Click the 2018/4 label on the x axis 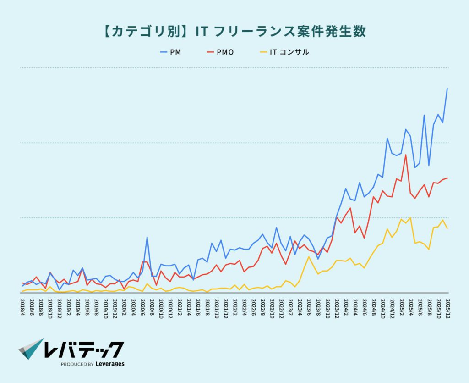click(x=22, y=305)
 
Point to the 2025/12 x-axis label click(x=447, y=306)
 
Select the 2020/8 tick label click(x=152, y=305)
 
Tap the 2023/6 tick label click(x=309, y=305)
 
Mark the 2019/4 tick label click(x=78, y=305)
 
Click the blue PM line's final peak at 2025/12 click(x=447, y=89)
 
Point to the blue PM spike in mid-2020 click(x=147, y=237)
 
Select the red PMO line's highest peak click(x=406, y=155)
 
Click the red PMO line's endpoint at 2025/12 click(x=447, y=178)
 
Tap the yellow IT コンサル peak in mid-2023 click(x=309, y=256)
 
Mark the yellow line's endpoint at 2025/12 click(x=447, y=228)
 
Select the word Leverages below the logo click(x=110, y=364)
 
